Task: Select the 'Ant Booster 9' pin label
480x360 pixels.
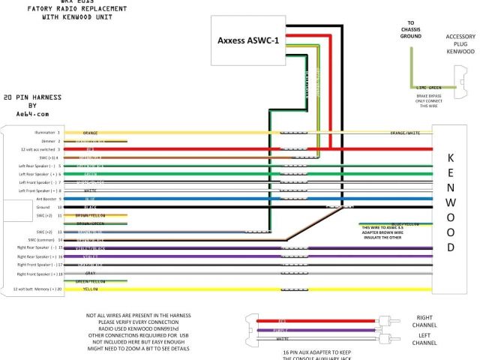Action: click(43, 199)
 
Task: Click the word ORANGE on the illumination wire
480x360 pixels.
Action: click(90, 133)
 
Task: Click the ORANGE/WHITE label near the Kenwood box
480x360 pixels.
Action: click(405, 133)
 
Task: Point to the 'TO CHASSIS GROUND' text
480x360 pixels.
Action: click(410, 29)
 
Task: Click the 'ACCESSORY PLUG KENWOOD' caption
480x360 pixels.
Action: click(460, 44)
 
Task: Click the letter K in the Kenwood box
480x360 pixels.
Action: click(450, 158)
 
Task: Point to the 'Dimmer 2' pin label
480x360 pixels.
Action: click(49, 140)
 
